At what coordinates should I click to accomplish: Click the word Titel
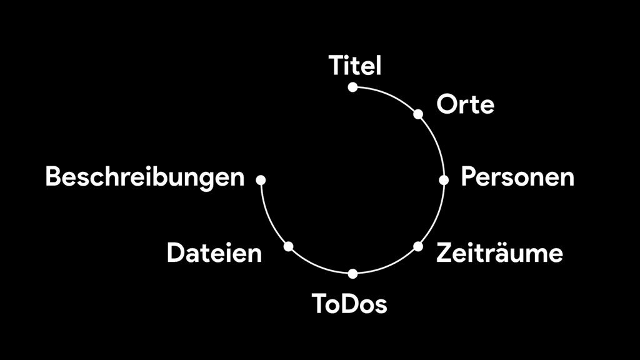pos(355,65)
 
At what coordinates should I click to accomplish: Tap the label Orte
pos(465,104)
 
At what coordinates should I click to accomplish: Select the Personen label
pos(517,177)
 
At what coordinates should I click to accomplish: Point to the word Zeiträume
pos(499,252)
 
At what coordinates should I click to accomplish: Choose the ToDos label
pos(349,304)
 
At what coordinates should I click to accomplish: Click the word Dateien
pos(214,252)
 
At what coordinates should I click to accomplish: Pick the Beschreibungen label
pos(145,177)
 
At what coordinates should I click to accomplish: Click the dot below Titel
pos(353,87)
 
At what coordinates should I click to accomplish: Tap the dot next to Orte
pos(418,114)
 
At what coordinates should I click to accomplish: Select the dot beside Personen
pos(444,179)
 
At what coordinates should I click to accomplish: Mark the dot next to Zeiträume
pos(418,246)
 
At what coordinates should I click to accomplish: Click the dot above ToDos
pos(353,274)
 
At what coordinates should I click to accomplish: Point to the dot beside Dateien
pos(289,246)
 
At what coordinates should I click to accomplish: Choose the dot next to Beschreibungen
pos(261,179)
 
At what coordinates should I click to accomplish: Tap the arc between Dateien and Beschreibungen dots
pos(268,216)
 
